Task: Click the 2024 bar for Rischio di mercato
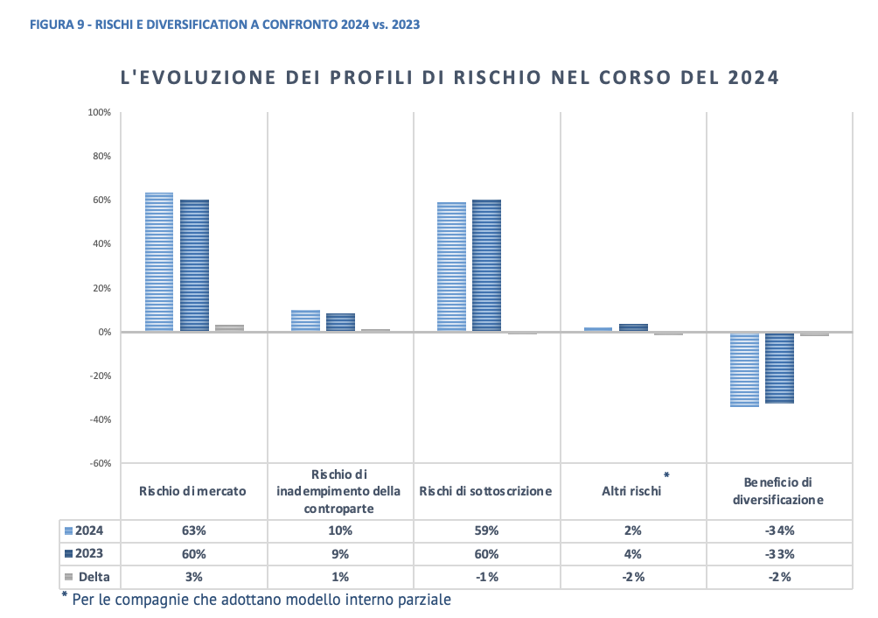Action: coord(159,262)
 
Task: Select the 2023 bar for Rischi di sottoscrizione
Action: coord(486,265)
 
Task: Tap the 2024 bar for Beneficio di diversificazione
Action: coord(744,369)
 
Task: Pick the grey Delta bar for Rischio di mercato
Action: coord(229,327)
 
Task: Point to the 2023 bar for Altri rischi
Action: coord(633,327)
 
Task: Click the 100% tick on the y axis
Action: coord(99,113)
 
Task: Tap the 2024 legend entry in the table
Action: coord(84,530)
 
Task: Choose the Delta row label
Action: coord(87,576)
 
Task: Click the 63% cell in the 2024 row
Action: coord(193,530)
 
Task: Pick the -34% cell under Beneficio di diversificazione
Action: coord(778,530)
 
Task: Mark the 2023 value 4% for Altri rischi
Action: coord(633,553)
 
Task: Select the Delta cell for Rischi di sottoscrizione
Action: coord(486,576)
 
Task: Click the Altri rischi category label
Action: coord(631,491)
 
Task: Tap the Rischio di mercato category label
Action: coord(192,491)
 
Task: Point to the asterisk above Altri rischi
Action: coord(666,475)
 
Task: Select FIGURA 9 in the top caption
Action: coord(57,25)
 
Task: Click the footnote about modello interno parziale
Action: coord(262,600)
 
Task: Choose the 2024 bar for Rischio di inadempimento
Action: coord(305,320)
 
